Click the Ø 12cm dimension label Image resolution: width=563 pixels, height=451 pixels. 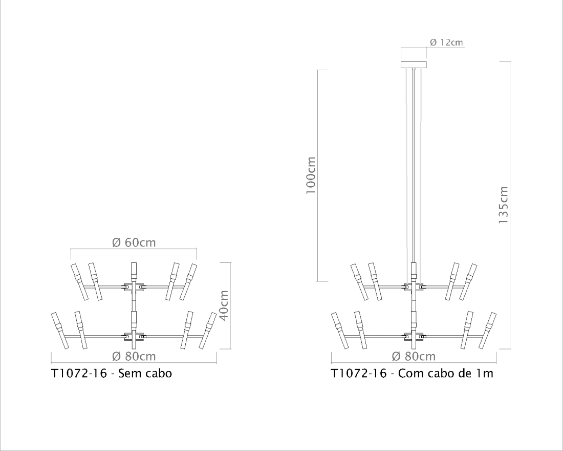click(x=446, y=43)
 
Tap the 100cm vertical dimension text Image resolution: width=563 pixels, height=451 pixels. click(x=310, y=175)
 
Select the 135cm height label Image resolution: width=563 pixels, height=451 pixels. click(x=504, y=205)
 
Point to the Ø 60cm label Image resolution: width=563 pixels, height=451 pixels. click(x=134, y=242)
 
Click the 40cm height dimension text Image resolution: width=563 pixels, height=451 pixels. click(x=224, y=305)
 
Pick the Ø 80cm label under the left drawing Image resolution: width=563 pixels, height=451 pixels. click(x=134, y=356)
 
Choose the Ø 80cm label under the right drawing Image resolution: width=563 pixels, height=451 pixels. click(x=413, y=356)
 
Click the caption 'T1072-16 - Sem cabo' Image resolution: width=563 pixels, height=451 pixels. click(x=112, y=373)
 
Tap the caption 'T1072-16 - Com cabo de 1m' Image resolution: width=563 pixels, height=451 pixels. click(x=412, y=373)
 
